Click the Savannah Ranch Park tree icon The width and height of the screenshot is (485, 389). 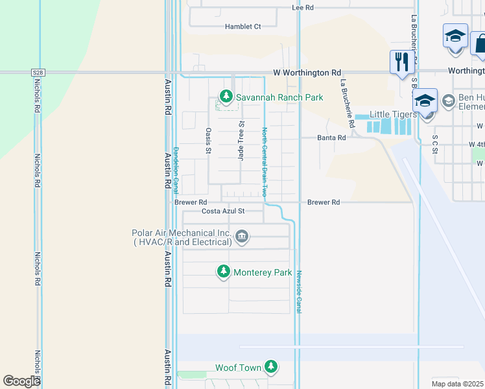(226, 97)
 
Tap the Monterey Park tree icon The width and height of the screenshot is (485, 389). (224, 272)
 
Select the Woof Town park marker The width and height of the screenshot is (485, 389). (271, 368)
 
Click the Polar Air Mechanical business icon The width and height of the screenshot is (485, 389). (242, 236)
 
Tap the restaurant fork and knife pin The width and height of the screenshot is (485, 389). (401, 62)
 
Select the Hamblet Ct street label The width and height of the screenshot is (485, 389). (242, 27)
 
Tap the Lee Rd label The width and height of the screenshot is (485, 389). (303, 8)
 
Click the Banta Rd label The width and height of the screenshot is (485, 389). (331, 138)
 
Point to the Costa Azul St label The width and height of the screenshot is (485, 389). (223, 211)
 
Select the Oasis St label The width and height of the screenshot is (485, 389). (209, 141)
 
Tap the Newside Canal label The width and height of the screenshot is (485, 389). (299, 291)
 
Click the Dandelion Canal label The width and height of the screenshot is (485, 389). (175, 171)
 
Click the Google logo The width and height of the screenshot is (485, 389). (21, 381)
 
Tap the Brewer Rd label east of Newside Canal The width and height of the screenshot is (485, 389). (324, 203)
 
